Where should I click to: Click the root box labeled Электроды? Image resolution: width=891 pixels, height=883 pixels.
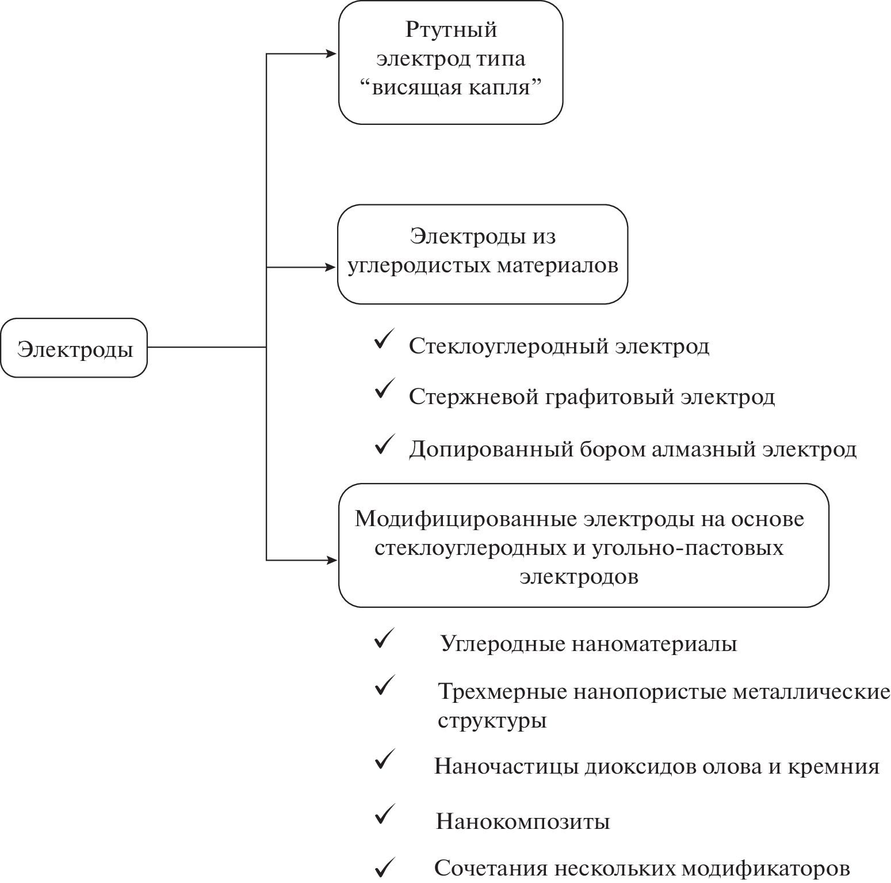point(74,348)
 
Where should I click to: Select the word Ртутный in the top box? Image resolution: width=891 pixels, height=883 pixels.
point(451,30)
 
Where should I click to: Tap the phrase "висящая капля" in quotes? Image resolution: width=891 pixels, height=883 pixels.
point(450,88)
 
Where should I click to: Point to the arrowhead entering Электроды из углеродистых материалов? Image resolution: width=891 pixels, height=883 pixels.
point(331,268)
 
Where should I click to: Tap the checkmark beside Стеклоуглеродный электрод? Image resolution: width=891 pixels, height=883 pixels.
point(384,340)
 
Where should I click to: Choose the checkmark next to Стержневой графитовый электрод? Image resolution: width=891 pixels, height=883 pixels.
point(384,390)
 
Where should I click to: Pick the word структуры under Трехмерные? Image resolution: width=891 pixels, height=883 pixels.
point(492,721)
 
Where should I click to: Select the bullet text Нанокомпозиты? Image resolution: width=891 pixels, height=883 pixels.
point(522,821)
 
